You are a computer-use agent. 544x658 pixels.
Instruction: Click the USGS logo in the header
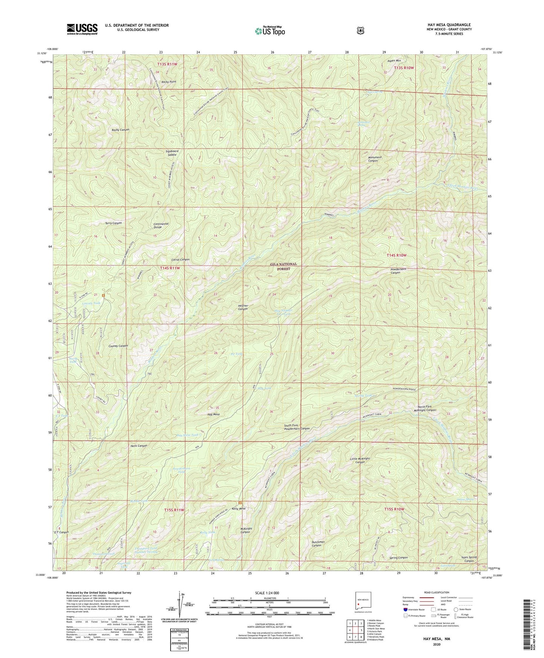click(82, 29)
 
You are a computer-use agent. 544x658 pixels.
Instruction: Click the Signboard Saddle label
click(172, 153)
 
